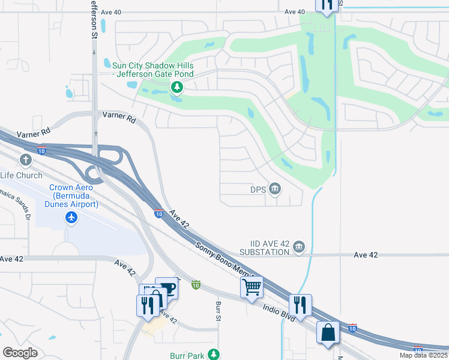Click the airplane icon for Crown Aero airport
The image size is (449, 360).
pos(72,217)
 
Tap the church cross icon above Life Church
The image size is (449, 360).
pos(25,160)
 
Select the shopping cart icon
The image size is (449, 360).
pos(252,286)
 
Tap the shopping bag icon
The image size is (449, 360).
pos(328,332)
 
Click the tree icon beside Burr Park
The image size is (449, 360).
pos(214,355)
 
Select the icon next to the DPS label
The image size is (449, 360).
pos(276,190)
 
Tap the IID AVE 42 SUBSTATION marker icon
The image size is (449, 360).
pos(299,247)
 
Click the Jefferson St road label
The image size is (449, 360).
pos(94,20)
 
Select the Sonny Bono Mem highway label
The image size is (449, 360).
pos(219,263)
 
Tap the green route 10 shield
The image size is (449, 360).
pos(196,284)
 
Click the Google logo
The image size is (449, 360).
pos(20,352)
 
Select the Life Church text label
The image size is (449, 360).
pos(22,175)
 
